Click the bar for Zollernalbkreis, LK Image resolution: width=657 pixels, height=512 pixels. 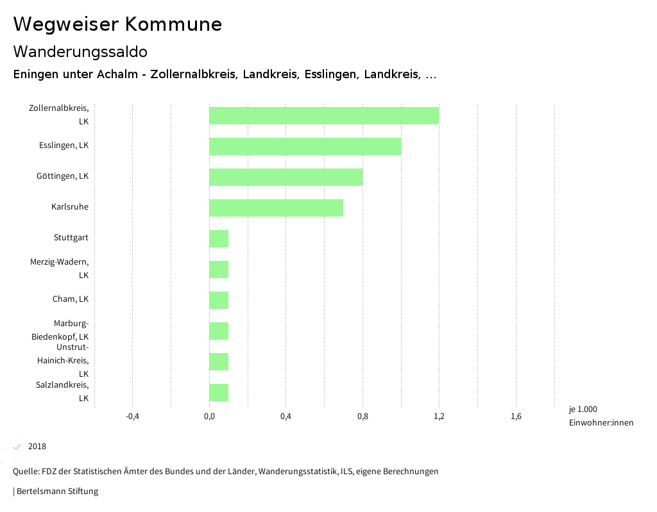click(x=324, y=116)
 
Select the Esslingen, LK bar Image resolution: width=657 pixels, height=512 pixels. click(x=305, y=147)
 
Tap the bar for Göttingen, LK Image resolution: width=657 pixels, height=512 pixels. click(x=286, y=178)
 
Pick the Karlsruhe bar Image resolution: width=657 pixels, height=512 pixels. click(x=276, y=208)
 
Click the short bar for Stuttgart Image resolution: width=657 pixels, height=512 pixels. click(x=219, y=239)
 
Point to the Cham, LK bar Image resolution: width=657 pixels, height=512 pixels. click(x=219, y=301)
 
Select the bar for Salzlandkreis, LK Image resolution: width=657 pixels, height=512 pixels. click(x=219, y=393)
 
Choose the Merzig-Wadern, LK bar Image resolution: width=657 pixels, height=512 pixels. click(x=219, y=270)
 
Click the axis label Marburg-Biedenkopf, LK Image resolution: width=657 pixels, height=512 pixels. click(x=60, y=330)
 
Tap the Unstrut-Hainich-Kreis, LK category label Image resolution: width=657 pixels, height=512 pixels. click(x=63, y=360)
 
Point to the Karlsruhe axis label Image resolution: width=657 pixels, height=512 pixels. click(x=70, y=207)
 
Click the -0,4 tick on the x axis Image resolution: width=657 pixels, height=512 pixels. click(x=132, y=417)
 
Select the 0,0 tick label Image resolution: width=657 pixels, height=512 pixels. click(x=209, y=417)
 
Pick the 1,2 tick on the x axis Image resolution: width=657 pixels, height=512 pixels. click(x=439, y=417)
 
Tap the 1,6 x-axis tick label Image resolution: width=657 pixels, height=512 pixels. click(x=516, y=417)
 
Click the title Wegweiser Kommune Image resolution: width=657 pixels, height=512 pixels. click(x=117, y=24)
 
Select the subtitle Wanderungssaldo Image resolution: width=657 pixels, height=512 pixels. click(x=80, y=52)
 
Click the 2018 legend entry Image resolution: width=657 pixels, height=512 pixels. click(x=37, y=447)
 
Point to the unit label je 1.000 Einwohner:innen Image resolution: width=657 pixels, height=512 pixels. click(x=601, y=416)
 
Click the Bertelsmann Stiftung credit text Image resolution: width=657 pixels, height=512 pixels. click(x=56, y=491)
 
